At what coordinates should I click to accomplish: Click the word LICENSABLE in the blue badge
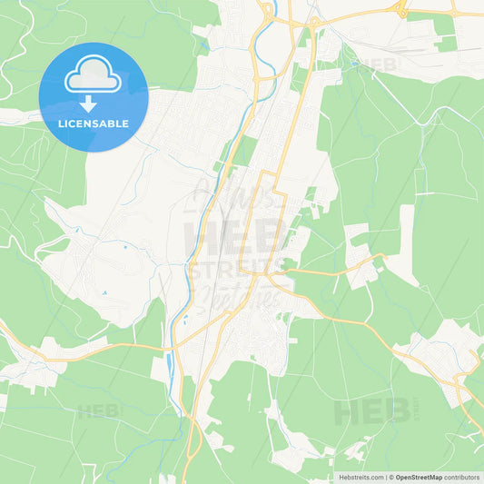coord(94,123)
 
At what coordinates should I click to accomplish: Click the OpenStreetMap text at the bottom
coord(419,477)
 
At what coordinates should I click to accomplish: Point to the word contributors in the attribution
coord(462,477)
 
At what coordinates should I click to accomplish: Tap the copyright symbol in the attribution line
coord(390,477)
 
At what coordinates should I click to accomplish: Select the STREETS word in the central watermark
coord(238,267)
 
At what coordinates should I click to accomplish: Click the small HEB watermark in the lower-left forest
coord(98,410)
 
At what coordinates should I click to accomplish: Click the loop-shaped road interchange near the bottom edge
coord(193,437)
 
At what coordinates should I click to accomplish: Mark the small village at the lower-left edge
coord(27,368)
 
